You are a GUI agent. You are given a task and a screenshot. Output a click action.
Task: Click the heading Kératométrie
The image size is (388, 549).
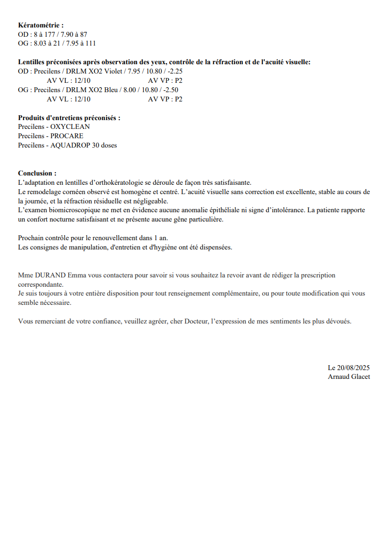[41, 25]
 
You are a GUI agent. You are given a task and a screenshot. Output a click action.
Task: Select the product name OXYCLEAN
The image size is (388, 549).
[70, 126]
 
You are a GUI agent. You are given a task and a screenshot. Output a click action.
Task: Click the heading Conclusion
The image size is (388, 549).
[37, 173]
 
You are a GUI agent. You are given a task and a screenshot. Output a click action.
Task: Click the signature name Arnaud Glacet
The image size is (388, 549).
[349, 376]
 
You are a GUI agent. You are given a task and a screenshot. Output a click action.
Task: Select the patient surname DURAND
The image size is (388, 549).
[51, 275]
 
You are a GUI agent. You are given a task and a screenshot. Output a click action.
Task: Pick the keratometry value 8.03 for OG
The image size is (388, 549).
[40, 43]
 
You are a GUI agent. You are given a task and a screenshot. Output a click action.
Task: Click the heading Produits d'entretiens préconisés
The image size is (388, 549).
[69, 118]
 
